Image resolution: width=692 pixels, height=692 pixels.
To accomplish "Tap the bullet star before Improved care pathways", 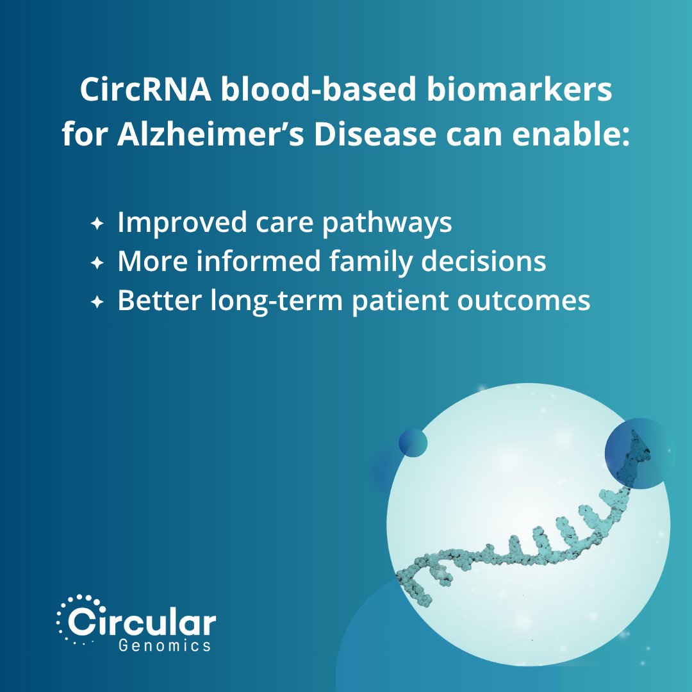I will (x=97, y=224).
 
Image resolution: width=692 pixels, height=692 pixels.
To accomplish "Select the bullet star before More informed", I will (x=97, y=263).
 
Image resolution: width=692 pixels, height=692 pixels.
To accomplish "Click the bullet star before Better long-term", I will (x=97, y=302).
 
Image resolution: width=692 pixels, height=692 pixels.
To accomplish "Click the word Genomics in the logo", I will (x=165, y=645).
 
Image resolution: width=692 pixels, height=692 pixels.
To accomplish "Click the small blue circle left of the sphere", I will (x=413, y=443).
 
